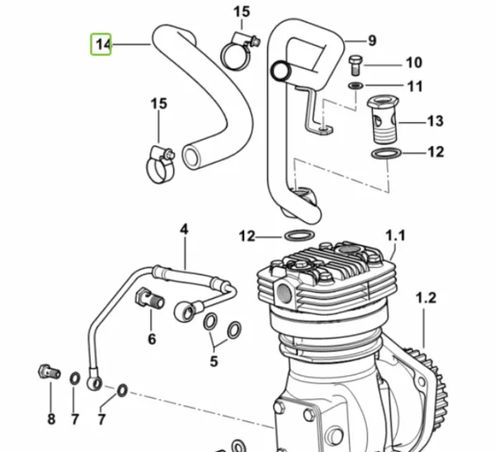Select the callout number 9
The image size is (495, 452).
(x=373, y=40)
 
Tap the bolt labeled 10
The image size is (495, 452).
(x=356, y=65)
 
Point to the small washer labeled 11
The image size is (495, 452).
(x=356, y=85)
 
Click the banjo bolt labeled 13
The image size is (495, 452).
(x=383, y=120)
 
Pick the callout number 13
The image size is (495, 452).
(x=436, y=121)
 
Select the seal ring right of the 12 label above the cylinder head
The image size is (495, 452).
(x=299, y=235)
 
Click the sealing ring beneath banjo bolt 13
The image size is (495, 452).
(x=386, y=153)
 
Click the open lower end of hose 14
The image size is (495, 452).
(x=191, y=157)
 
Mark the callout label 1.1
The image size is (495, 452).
(x=395, y=235)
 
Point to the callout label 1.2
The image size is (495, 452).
(x=427, y=298)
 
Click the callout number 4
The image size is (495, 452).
(x=184, y=229)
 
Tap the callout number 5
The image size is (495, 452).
(x=214, y=361)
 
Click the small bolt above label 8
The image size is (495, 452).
(x=49, y=371)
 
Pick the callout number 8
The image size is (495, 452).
(x=51, y=419)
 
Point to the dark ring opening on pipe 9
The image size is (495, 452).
(x=280, y=71)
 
